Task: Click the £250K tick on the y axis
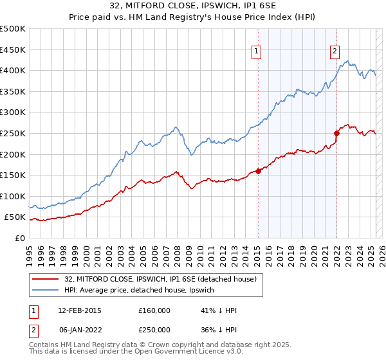[13, 133]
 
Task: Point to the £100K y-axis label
[13, 196]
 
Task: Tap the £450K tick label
[13, 50]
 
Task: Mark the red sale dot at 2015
[258, 171]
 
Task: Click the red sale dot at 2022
[336, 133]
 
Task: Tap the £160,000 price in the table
[154, 310]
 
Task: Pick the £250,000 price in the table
[154, 329]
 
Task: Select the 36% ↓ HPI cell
[219, 329]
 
